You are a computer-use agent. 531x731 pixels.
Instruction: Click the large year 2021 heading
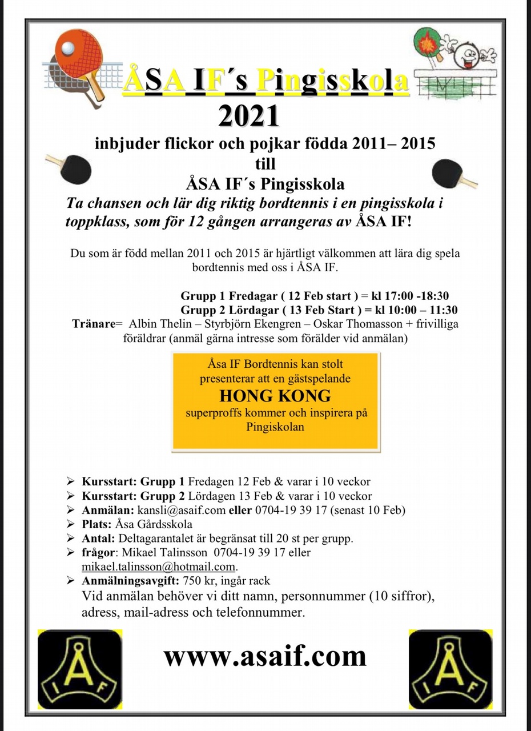coord(249,115)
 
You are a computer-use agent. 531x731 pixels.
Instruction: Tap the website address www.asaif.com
coord(265,656)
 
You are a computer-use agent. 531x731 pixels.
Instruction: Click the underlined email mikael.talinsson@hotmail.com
coord(159,567)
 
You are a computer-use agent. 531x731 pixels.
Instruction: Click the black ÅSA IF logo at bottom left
coord(80,669)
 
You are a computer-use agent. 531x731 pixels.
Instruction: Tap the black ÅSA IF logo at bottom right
coord(450,669)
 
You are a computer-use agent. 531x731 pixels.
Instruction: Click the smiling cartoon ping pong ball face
coord(468,55)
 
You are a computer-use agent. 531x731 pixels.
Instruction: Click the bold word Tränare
coord(93,324)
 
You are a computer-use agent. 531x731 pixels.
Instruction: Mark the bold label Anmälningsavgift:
coord(131,581)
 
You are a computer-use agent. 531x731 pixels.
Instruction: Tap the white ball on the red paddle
coord(68,50)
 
